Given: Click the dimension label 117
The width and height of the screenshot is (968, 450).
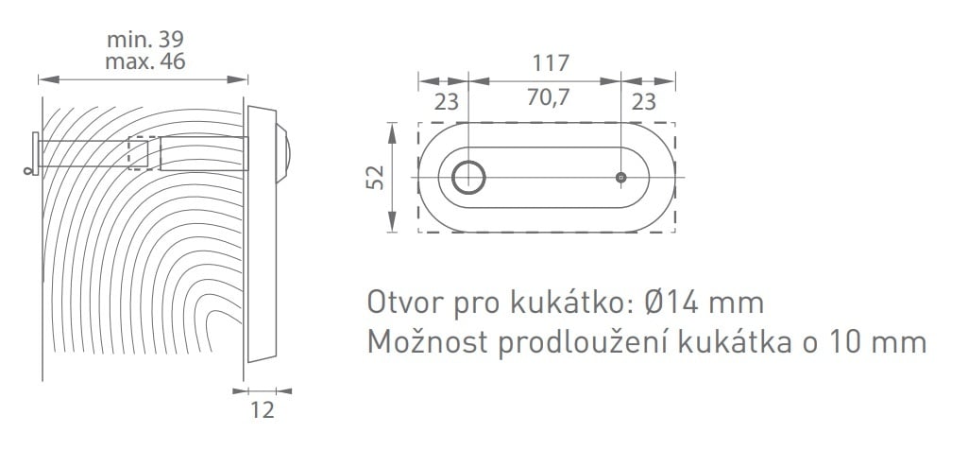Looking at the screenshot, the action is click(551, 63).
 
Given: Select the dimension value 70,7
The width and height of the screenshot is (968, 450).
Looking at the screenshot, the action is click(548, 98).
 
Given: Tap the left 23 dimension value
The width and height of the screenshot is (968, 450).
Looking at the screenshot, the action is click(447, 102).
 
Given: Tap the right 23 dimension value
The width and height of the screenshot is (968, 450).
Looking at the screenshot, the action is click(643, 102).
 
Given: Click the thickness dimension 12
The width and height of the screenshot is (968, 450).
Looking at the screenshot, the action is click(263, 410).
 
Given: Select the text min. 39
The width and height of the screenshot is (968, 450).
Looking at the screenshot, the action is click(145, 40).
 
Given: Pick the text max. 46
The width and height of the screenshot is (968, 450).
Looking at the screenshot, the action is click(145, 61).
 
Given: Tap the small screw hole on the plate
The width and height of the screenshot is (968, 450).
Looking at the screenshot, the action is click(621, 178).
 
